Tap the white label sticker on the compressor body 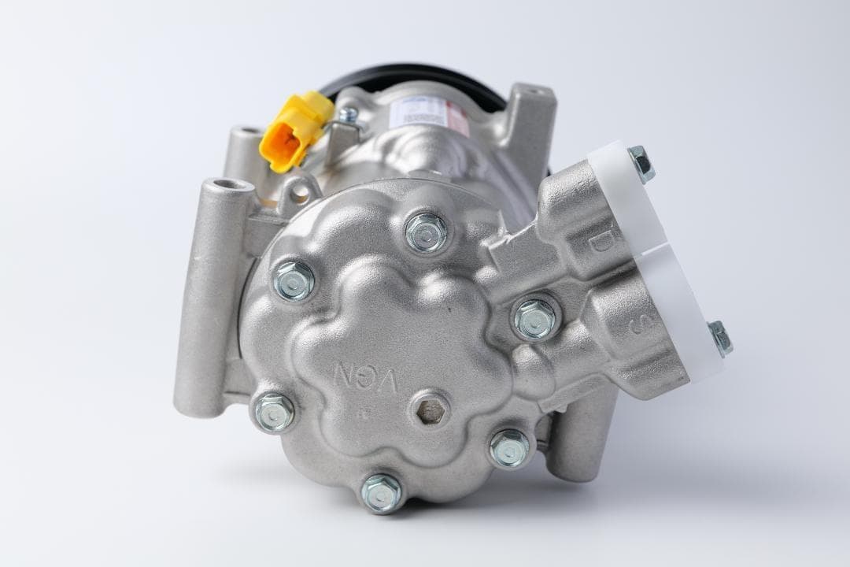coord(424,111)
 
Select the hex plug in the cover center coord(430,409)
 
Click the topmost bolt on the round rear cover coord(427,232)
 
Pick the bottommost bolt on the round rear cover coord(382,492)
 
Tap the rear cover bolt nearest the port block coord(536,317)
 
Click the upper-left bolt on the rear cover coord(294,280)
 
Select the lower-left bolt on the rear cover coord(275,411)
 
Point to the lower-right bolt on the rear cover coord(510,447)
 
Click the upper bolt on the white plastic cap coord(641,163)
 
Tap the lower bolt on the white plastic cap coord(719,338)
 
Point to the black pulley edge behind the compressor coord(417,73)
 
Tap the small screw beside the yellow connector coord(347,116)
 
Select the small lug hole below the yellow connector coord(299,193)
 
